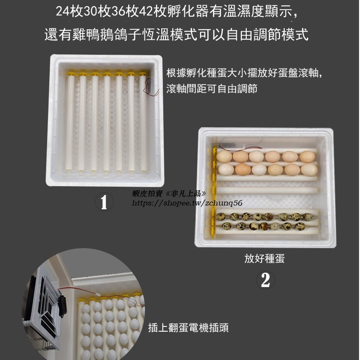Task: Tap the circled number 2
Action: point(265,280)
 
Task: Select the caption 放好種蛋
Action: point(264,259)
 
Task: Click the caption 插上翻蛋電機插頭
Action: point(188,328)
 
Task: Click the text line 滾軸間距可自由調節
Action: point(212,89)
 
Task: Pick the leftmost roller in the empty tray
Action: point(71,122)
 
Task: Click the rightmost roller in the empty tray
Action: point(143,122)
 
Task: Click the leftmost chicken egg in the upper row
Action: point(224,156)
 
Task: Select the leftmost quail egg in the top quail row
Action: point(221,217)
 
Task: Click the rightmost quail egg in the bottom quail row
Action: point(307,226)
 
